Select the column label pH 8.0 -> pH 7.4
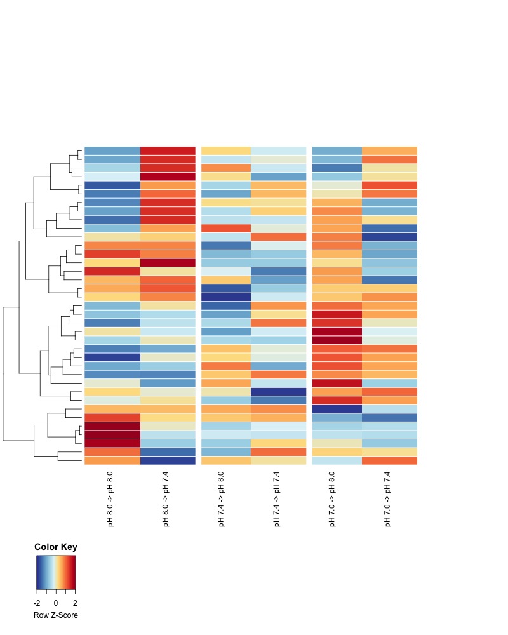166,499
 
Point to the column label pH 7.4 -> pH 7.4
276,499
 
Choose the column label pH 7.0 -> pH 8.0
332,499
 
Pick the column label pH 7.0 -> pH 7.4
387,499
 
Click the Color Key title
56,547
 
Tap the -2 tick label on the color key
37,603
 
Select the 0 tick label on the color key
56,603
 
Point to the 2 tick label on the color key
75,603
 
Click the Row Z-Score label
56,615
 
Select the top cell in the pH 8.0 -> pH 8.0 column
112,150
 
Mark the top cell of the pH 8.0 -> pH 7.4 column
167,150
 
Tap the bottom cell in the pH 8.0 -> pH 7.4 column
167,460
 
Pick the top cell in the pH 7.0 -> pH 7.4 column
389,150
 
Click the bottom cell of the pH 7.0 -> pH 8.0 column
337,460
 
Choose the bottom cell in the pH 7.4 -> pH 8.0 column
226,460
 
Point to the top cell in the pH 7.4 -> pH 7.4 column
278,150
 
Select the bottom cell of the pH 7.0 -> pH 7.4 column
389,460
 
